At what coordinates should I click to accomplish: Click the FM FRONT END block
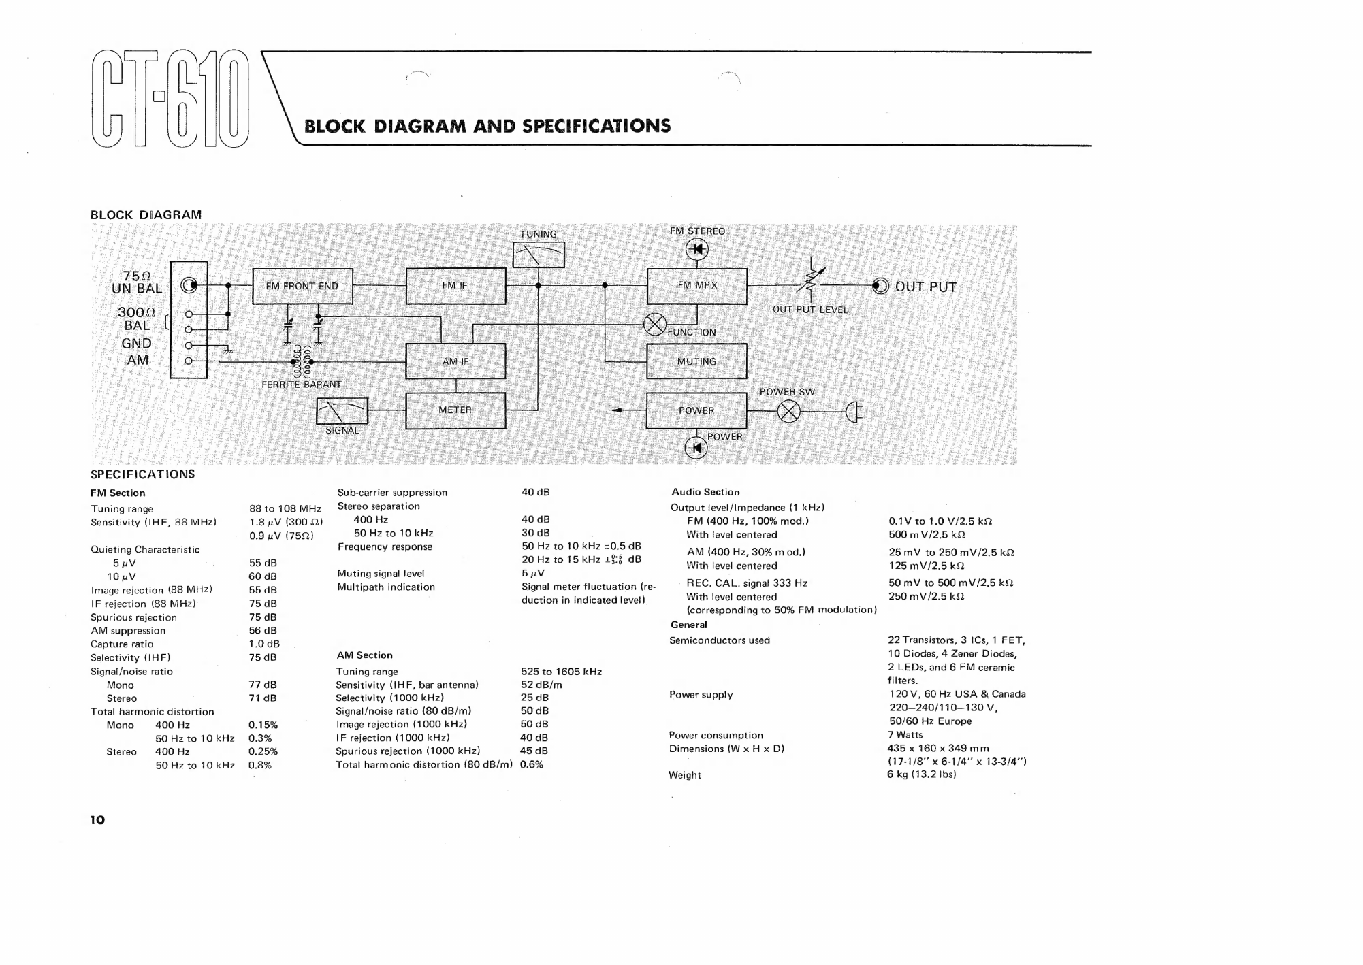point(302,286)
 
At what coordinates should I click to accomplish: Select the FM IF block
point(455,286)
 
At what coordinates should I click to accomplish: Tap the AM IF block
point(455,361)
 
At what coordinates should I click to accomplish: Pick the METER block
point(455,410)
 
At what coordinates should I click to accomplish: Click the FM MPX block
point(696,286)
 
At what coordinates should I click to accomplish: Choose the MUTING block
point(696,361)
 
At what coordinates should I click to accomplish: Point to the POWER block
point(696,410)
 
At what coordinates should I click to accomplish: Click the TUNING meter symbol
point(538,255)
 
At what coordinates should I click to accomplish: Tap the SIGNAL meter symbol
point(342,411)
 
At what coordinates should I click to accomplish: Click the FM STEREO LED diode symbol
point(696,250)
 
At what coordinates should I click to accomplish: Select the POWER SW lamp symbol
point(788,412)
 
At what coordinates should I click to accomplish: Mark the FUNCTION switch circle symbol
point(655,325)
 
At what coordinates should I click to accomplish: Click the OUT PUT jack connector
point(880,286)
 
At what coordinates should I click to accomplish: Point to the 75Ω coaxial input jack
point(189,285)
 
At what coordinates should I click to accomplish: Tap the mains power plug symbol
point(854,412)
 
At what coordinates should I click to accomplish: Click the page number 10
point(98,820)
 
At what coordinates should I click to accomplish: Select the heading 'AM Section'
point(364,655)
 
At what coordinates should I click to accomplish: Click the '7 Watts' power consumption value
point(905,735)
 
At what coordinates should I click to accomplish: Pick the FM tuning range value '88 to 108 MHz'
point(285,509)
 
